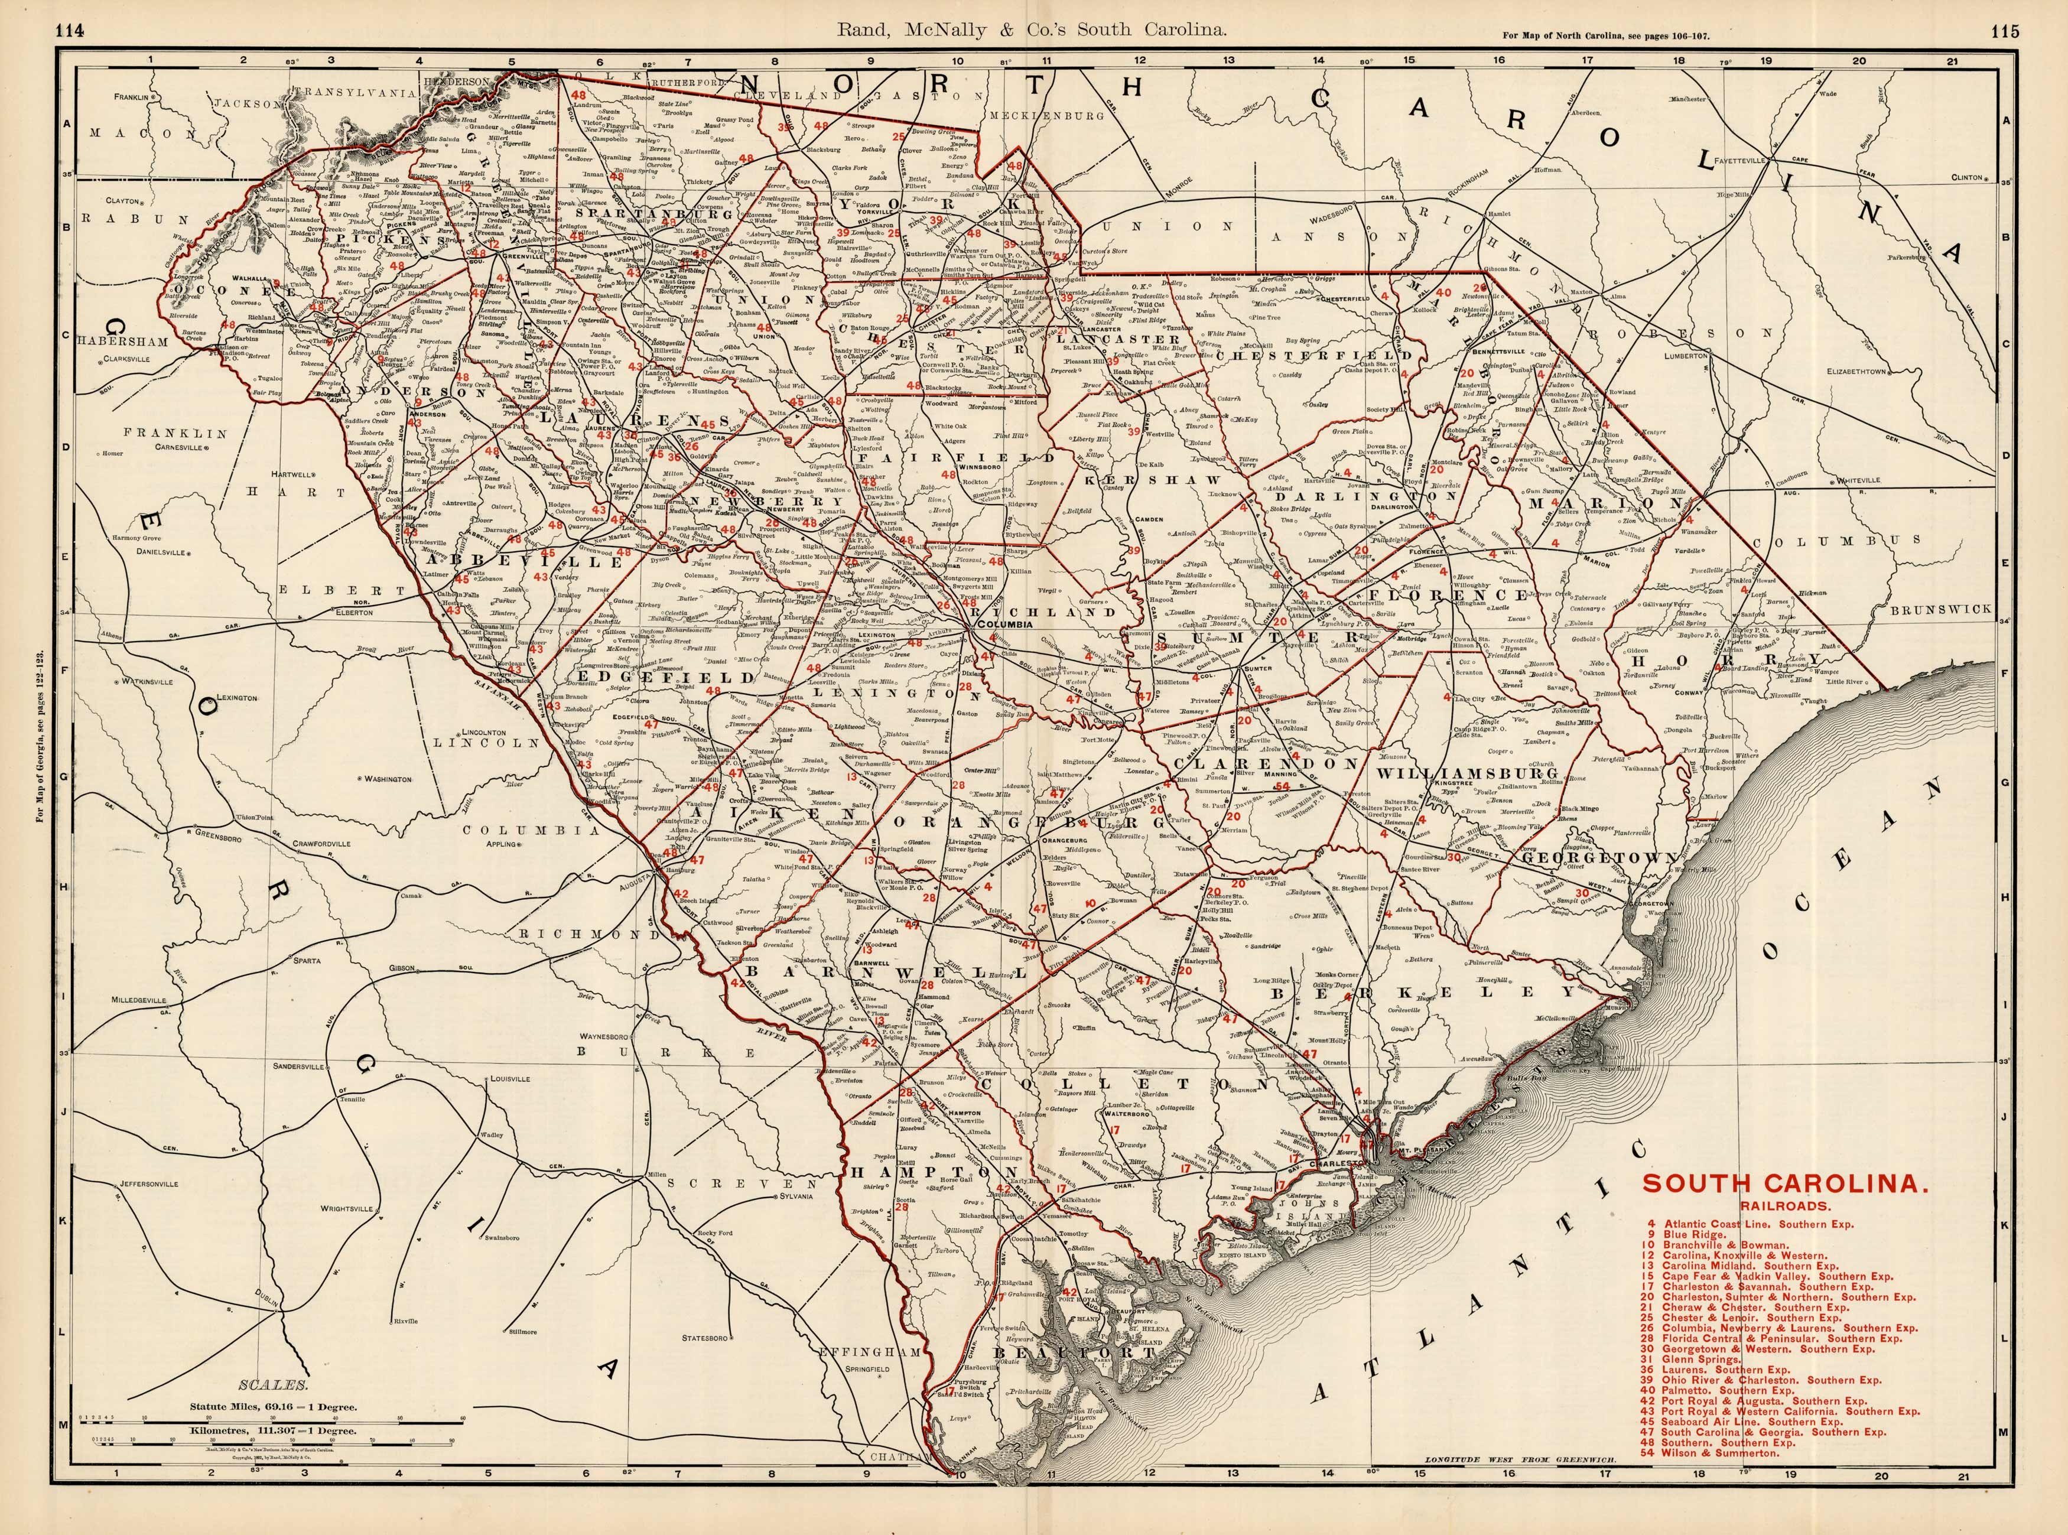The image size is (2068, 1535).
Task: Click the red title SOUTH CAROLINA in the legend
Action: [1784, 1183]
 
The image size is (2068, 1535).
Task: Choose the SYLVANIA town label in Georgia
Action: [802, 1196]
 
